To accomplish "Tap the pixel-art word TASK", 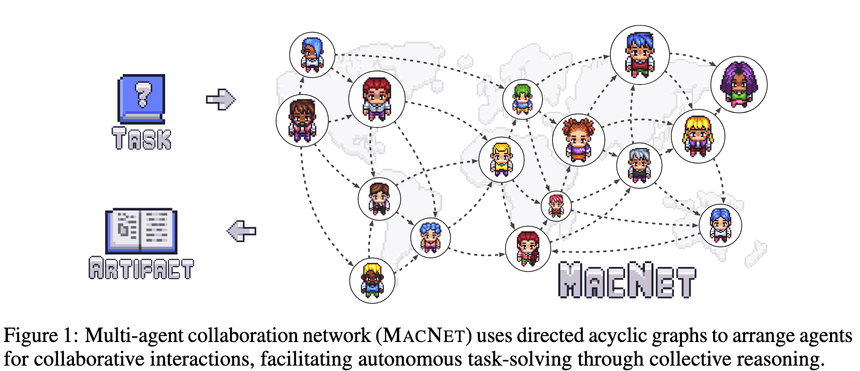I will tap(142, 139).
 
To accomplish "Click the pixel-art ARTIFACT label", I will tap(141, 268).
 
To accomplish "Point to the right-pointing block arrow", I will tap(220, 99).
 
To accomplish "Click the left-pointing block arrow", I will tap(241, 231).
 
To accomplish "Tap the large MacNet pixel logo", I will tap(626, 280).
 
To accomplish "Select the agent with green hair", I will tap(522, 99).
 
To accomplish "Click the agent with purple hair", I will tap(739, 84).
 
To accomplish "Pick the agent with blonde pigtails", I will tap(698, 135).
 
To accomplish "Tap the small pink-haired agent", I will tap(556, 206).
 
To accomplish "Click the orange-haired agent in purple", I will tap(579, 140).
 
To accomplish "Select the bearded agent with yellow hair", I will tap(372, 280).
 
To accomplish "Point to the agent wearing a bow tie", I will tap(379, 199).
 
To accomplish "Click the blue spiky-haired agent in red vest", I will tap(640, 54).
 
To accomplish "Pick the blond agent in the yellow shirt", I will tap(501, 159).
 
